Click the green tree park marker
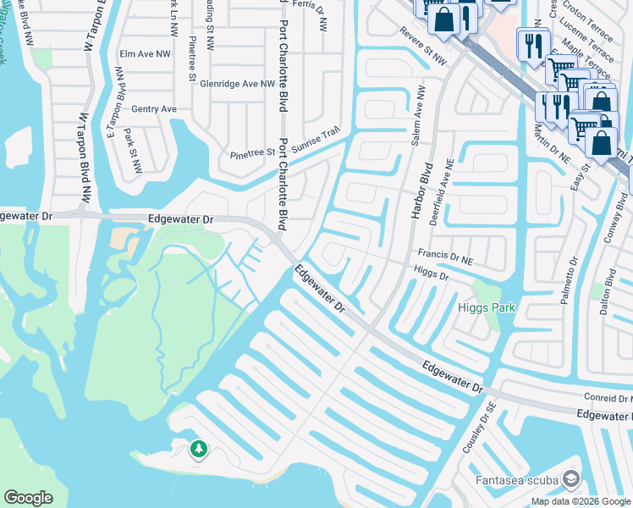pos(199,448)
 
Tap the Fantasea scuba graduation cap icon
pos(571,481)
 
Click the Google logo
pos(29,497)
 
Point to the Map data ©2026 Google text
pos(580,501)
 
